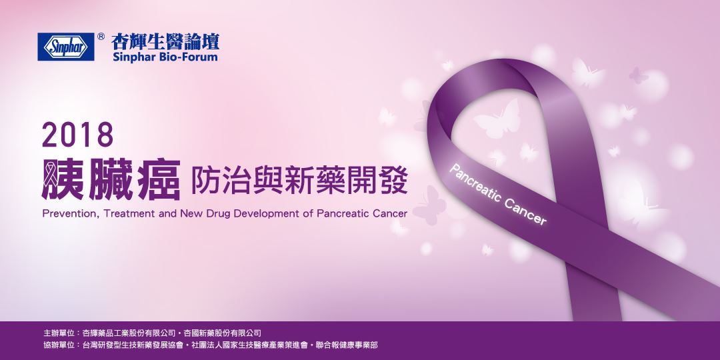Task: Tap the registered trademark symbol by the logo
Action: tap(101, 37)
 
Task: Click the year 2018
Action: tap(77, 136)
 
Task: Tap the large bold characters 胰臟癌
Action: tap(111, 178)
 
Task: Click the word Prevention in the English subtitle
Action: tap(69, 215)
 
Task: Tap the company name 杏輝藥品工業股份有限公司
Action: tap(127, 332)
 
